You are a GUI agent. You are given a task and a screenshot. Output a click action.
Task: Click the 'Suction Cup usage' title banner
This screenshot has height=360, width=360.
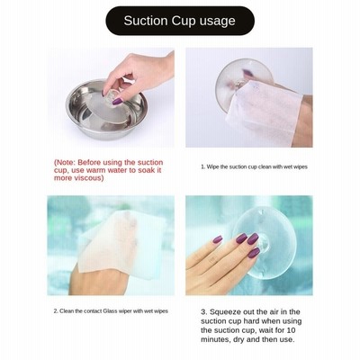coord(180,21)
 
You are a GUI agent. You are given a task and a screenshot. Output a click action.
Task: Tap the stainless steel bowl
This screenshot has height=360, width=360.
coord(106,110)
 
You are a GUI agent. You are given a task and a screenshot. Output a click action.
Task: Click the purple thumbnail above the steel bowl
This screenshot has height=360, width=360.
coord(117,102)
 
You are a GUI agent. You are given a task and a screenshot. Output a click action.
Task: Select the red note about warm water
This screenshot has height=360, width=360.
coord(109,170)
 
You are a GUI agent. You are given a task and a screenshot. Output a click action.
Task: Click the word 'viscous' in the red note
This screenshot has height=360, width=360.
coord(88,178)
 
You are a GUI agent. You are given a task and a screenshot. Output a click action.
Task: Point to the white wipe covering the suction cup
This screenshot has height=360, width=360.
coord(264,112)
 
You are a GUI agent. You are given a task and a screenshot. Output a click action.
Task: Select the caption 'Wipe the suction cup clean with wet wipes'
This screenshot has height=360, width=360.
coord(254,166)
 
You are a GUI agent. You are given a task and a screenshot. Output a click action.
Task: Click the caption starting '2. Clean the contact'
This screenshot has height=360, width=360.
coord(111,311)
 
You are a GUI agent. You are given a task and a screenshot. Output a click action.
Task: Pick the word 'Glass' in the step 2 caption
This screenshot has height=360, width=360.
coord(110,311)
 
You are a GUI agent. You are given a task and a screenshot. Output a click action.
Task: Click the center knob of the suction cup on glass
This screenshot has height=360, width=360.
coord(262,242)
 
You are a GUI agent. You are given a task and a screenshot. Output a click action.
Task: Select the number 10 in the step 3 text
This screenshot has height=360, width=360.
coord(291,330)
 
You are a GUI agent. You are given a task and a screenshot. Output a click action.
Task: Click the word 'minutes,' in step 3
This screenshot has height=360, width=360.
coord(216,339)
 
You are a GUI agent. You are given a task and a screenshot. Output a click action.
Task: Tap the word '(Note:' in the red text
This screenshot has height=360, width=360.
coord(65,163)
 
